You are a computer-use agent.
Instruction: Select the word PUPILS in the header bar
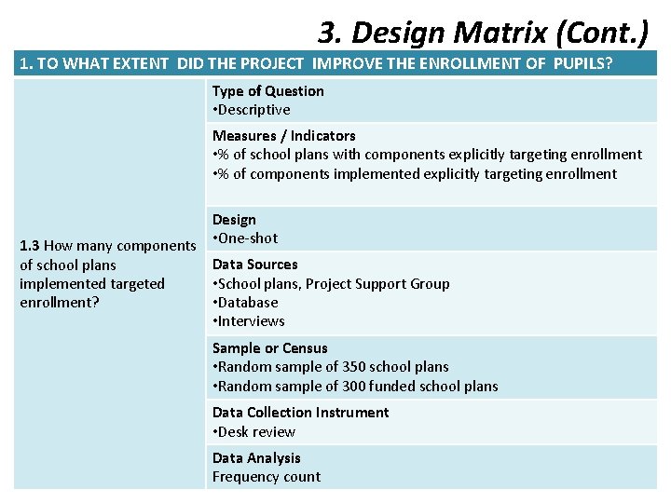tap(582, 64)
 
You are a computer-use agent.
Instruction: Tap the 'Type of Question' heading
tap(268, 90)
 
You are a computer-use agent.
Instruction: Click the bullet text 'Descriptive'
tap(254, 110)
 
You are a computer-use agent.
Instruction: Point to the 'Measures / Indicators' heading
tap(283, 135)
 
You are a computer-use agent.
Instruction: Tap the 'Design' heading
tap(234, 220)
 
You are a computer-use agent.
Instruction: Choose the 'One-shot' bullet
tap(248, 238)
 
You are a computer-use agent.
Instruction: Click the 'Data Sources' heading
tap(254, 265)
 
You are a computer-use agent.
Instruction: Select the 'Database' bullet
tap(248, 303)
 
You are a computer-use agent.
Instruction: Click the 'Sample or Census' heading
tap(270, 348)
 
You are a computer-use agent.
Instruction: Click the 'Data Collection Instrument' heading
tap(300, 413)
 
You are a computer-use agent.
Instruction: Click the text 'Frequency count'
tap(266, 477)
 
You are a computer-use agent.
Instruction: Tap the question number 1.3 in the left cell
tap(30, 246)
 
